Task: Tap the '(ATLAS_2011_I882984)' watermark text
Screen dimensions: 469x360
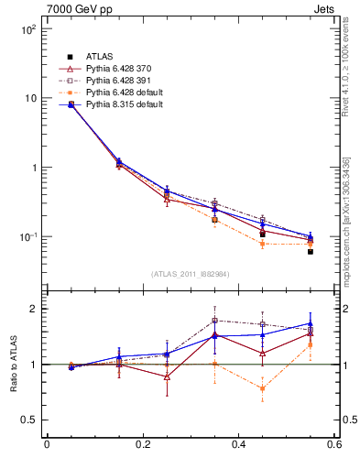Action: [x=191, y=274]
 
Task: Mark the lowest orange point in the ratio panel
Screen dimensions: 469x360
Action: [x=263, y=388]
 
